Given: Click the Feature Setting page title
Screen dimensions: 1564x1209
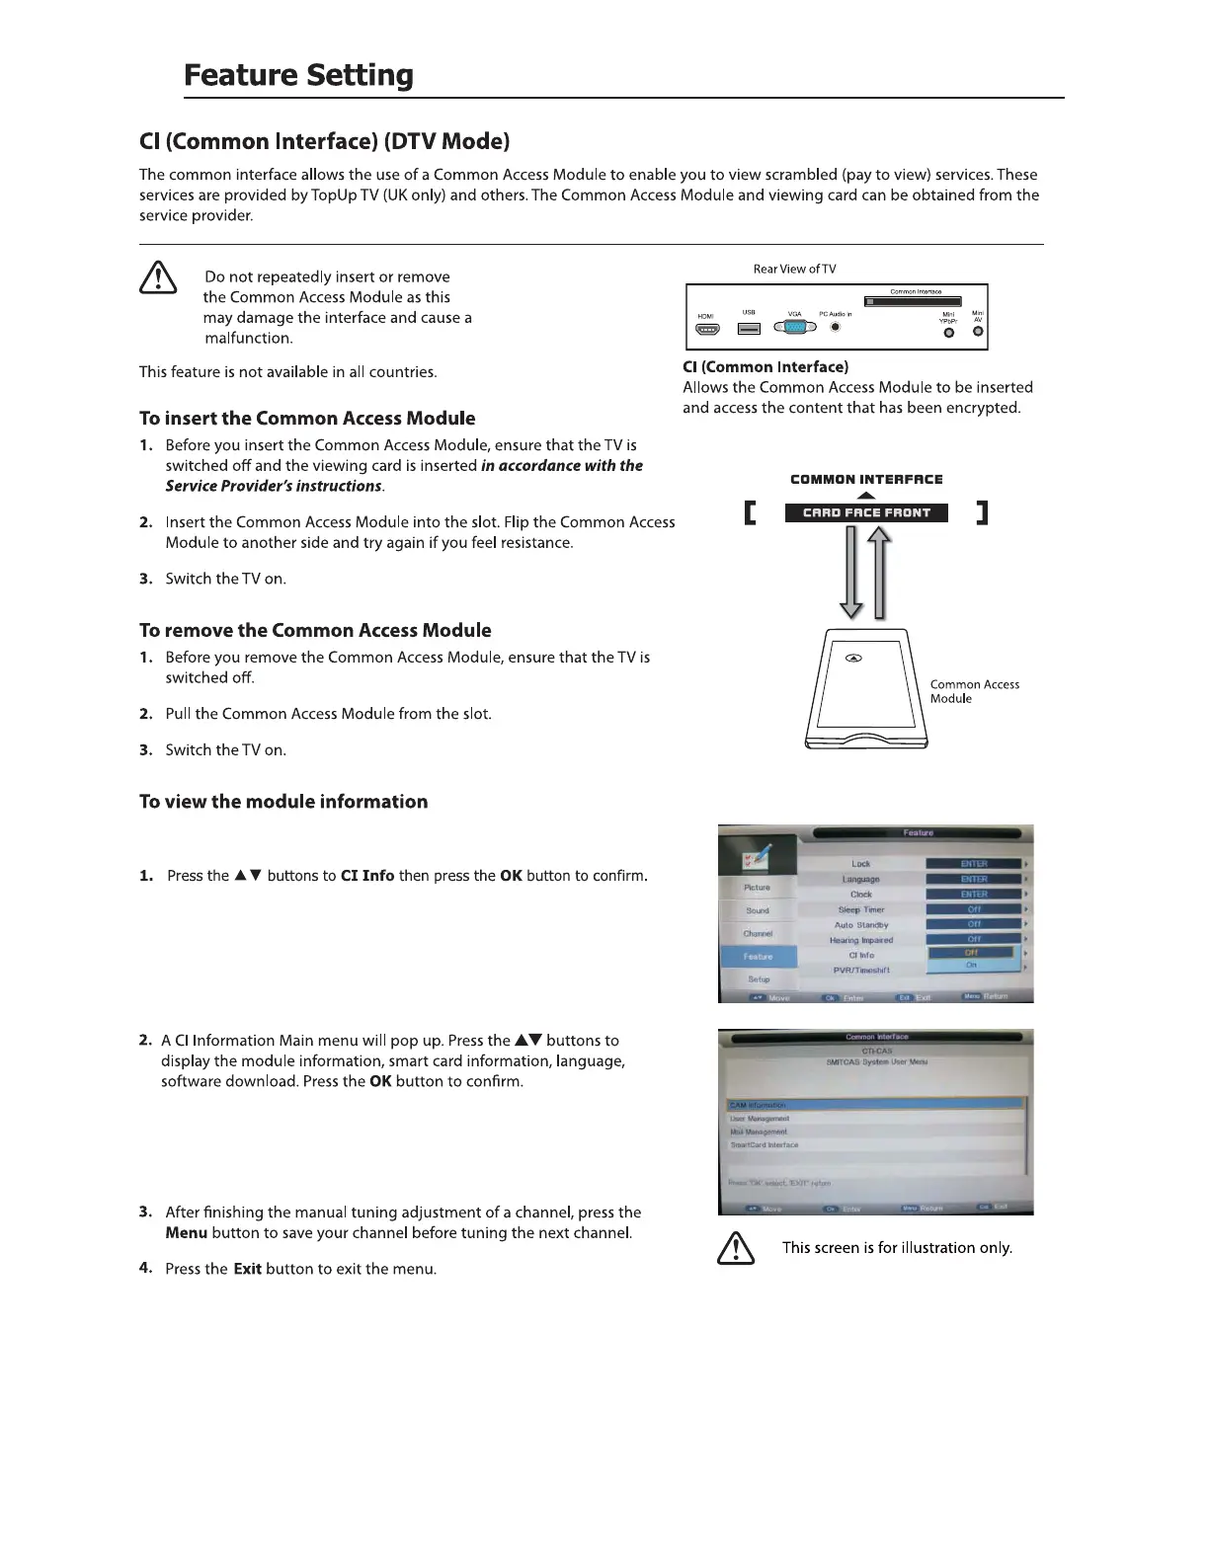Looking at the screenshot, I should pyautogui.click(x=298, y=75).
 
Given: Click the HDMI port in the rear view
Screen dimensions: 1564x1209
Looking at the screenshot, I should pyautogui.click(x=707, y=329).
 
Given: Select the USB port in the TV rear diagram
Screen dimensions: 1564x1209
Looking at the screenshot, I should pyautogui.click(x=750, y=328).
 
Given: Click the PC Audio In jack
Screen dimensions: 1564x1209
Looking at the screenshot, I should pyautogui.click(x=836, y=327).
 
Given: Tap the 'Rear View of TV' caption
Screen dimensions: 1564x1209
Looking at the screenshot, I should pyautogui.click(x=794, y=269).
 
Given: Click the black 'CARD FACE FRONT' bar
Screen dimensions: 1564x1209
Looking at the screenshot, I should pyautogui.click(x=866, y=512).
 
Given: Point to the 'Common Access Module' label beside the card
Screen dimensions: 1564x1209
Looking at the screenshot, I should pyautogui.click(x=974, y=691).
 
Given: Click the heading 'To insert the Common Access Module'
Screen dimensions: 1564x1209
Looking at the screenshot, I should pyautogui.click(x=307, y=419).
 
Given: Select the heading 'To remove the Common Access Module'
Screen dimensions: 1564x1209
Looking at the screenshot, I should pyautogui.click(x=315, y=630).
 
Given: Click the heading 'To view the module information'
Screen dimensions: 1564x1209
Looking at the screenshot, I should pyautogui.click(x=283, y=802).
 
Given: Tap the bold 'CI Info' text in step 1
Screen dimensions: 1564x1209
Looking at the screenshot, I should pyautogui.click(x=367, y=876).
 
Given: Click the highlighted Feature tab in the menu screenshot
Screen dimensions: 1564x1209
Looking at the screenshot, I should pyautogui.click(x=758, y=957).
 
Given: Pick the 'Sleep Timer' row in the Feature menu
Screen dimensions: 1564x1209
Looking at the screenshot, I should pyautogui.click(x=861, y=909).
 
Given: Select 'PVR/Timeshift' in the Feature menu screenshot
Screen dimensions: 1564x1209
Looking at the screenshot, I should pyautogui.click(x=861, y=971).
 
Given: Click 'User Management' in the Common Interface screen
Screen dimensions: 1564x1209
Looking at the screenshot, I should pyautogui.click(x=760, y=1119).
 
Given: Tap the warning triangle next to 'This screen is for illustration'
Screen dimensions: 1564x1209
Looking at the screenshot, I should pyautogui.click(x=735, y=1250).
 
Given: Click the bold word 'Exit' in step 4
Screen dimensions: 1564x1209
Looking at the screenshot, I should pyautogui.click(x=247, y=1269).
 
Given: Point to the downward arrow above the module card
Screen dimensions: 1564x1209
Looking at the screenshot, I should pyautogui.click(x=851, y=573).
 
